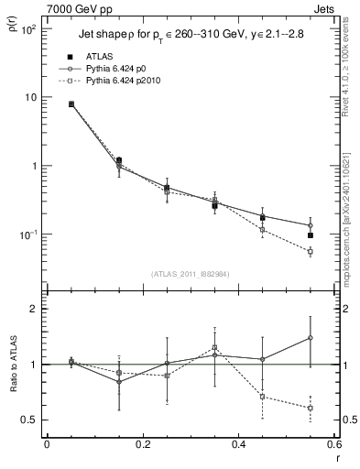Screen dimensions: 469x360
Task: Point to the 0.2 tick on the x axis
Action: [x=142, y=444]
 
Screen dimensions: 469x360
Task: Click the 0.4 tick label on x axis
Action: [x=238, y=444]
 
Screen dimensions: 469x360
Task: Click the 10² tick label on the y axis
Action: [x=28, y=29]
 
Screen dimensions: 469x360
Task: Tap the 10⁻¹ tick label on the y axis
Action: [x=27, y=235]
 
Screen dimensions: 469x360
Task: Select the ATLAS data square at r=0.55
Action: [x=311, y=235]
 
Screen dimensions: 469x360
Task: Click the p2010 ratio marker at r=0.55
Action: [x=311, y=408]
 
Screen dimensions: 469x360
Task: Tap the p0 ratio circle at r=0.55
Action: [x=311, y=338]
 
